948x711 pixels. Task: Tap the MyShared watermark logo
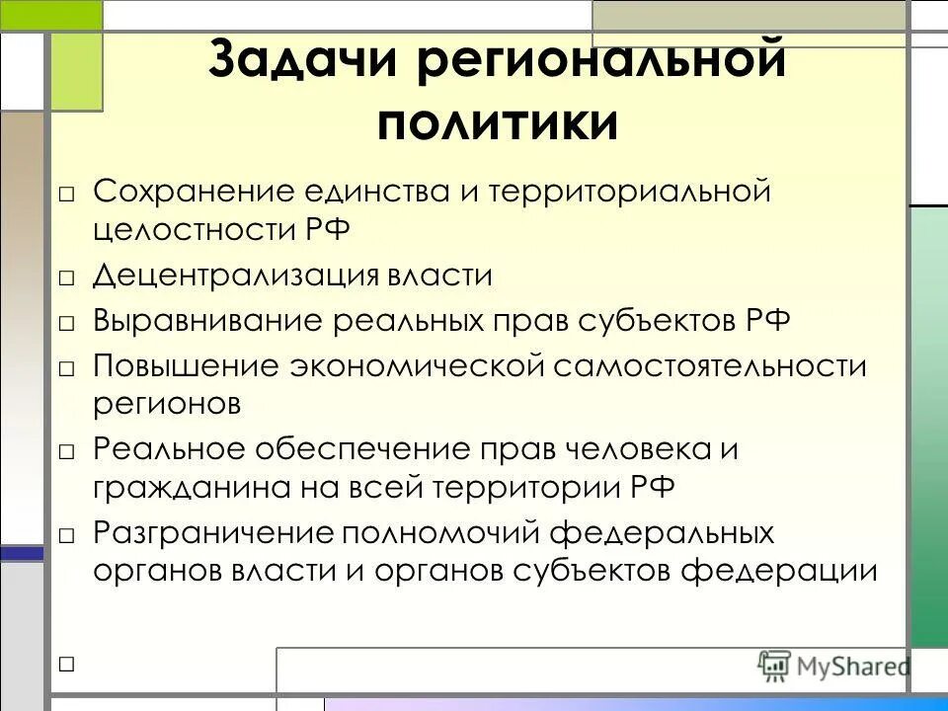click(834, 665)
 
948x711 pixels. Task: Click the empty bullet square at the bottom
click(66, 665)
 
